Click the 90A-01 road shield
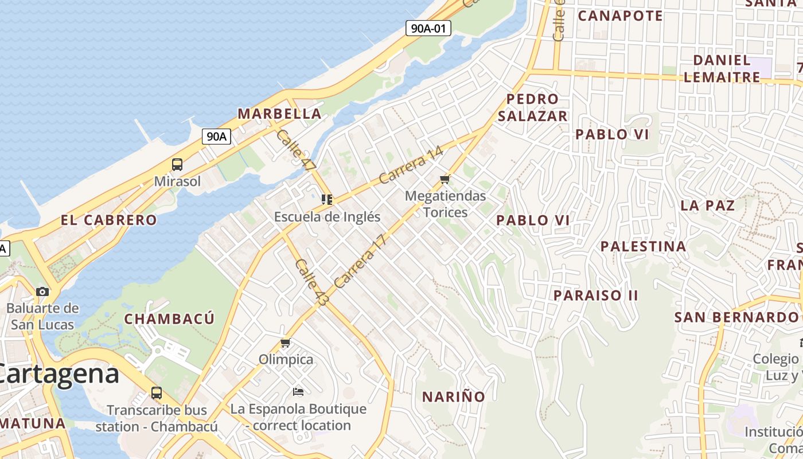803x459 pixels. click(428, 28)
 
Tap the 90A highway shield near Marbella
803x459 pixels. click(217, 137)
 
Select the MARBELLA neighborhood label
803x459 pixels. click(279, 114)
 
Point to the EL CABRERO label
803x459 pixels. click(109, 220)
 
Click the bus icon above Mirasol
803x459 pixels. click(177, 165)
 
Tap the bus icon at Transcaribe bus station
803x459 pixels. click(156, 393)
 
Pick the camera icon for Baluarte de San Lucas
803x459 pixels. click(42, 291)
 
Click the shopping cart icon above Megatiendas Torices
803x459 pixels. click(445, 180)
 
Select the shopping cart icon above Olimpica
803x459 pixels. click(286, 343)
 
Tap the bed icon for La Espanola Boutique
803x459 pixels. click(298, 392)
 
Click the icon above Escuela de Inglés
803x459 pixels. click(327, 200)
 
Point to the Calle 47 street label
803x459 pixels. click(296, 151)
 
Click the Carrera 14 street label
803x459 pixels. click(411, 166)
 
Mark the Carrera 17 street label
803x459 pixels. click(360, 261)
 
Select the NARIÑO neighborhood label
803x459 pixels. click(454, 396)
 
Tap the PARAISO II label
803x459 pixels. click(595, 295)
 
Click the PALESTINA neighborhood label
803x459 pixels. click(643, 247)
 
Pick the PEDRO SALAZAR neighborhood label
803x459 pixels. click(532, 107)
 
